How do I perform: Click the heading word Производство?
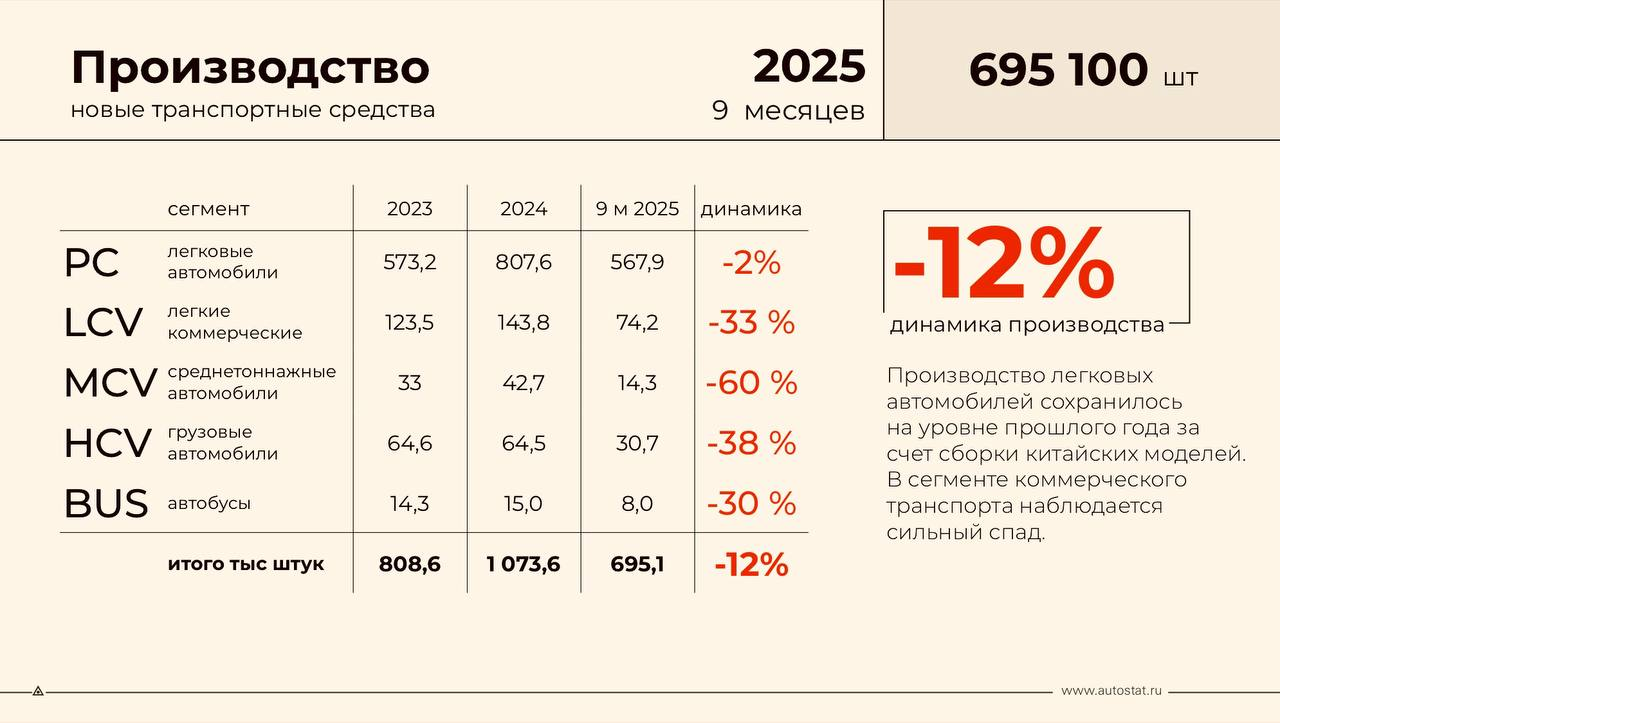pos(250,68)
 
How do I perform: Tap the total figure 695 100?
pos(1058,70)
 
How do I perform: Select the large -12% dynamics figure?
pos(1003,262)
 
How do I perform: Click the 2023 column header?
pos(410,209)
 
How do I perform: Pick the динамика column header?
pos(751,209)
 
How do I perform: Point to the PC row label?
pos(91,263)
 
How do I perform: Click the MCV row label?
pos(110,383)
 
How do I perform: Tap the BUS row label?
pos(106,504)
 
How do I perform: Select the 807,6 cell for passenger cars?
pos(523,262)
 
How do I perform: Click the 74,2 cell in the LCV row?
pos(637,322)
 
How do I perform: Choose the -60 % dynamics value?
pos(751,383)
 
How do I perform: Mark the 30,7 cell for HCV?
pos(637,443)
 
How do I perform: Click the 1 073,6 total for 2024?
pos(523,564)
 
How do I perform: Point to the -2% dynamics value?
pos(751,262)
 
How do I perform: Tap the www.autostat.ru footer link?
pos(1111,690)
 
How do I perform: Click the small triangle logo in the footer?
pos(38,690)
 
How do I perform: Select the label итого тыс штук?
pos(246,564)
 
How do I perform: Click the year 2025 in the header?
pos(809,67)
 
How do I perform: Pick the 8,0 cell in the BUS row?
pos(637,504)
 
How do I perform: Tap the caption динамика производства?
pos(1027,325)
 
